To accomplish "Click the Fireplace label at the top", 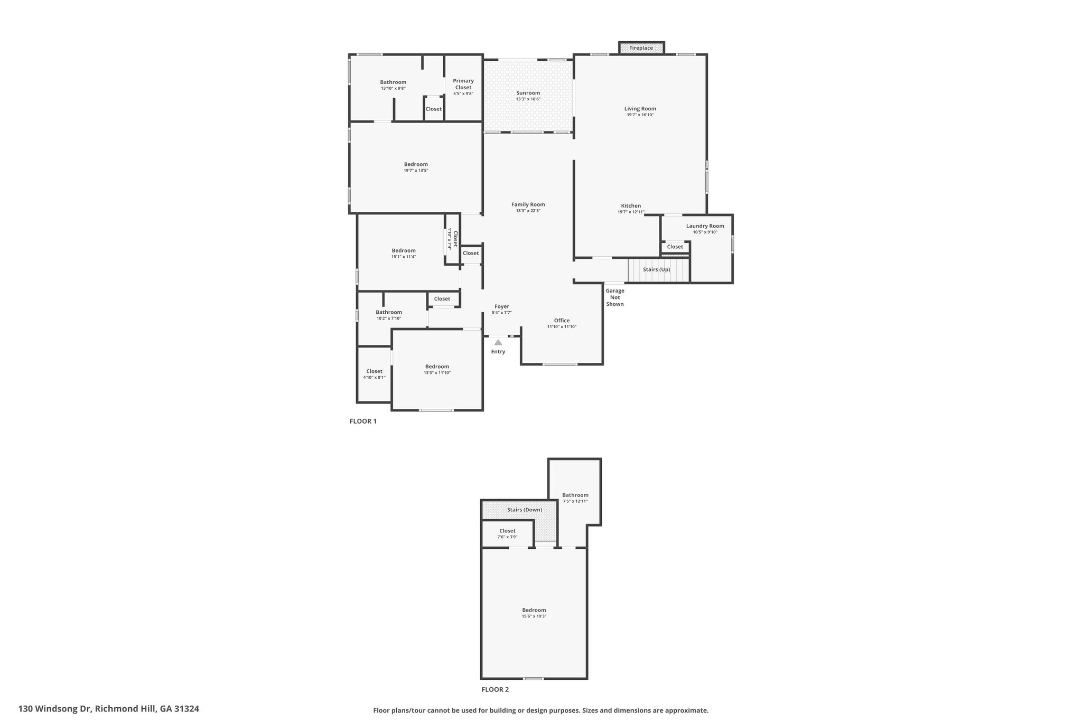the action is [x=641, y=48].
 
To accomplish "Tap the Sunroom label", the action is [x=528, y=93].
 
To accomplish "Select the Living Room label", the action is [x=640, y=109].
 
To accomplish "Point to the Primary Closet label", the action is [x=463, y=84].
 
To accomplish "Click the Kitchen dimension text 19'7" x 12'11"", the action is [x=631, y=212].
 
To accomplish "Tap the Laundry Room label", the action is [x=705, y=226].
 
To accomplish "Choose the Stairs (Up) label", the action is [x=657, y=269].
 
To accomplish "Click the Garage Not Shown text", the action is [x=615, y=297].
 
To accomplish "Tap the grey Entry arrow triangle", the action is [x=498, y=342].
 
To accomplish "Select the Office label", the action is [x=562, y=321].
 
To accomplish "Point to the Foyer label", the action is [x=502, y=306].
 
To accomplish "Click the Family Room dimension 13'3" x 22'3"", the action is [x=528, y=211].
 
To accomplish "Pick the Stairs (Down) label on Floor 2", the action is [x=525, y=510].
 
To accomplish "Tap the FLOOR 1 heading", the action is [x=363, y=422].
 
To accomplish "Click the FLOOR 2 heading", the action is [x=495, y=689].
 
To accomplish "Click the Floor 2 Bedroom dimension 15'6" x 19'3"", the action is [x=534, y=616].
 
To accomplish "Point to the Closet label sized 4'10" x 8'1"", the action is [x=375, y=371].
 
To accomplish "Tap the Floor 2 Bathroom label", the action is [x=575, y=495].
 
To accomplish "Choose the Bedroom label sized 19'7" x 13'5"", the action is [x=416, y=164].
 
